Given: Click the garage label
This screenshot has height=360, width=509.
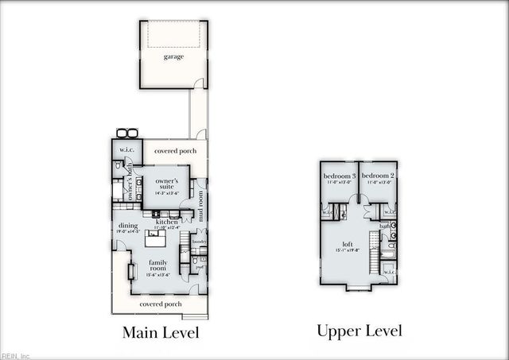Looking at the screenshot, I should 173,56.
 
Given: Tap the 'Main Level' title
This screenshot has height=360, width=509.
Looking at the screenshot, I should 160,332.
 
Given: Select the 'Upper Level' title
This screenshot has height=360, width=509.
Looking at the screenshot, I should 359,331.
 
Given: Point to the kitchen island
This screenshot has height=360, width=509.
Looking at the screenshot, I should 156,237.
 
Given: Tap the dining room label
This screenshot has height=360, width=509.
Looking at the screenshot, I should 128,226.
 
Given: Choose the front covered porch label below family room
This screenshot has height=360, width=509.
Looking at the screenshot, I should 160,304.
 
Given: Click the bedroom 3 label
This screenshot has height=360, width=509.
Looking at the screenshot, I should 339,175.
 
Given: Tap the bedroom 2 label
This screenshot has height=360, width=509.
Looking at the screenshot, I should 378,175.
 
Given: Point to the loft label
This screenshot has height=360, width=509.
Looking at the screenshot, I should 348,245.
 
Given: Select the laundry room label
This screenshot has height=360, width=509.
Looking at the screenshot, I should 199,241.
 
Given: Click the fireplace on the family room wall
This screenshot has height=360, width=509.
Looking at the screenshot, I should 133,270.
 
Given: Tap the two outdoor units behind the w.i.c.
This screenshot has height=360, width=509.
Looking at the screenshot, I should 126,133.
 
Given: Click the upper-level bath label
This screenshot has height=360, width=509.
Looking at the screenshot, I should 384,226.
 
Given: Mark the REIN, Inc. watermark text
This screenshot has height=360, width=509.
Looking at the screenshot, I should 15,355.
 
